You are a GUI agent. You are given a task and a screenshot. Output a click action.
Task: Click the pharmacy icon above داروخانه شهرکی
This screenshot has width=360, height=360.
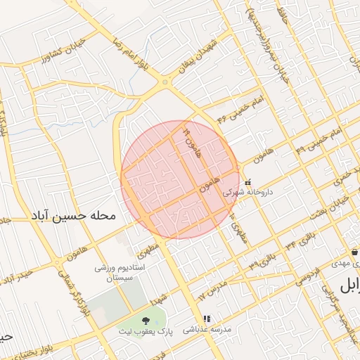tap(247, 182)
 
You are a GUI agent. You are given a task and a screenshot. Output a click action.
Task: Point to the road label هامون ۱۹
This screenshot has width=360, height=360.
tap(192, 141)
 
